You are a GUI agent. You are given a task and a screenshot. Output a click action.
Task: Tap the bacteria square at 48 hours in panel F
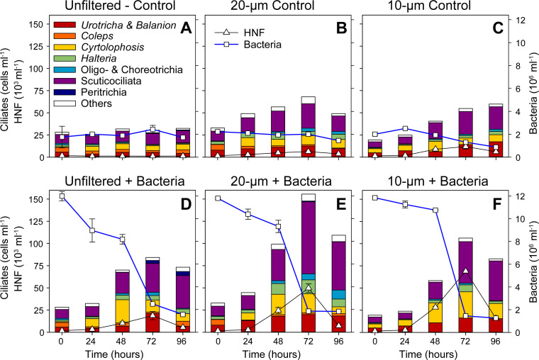[435, 210]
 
